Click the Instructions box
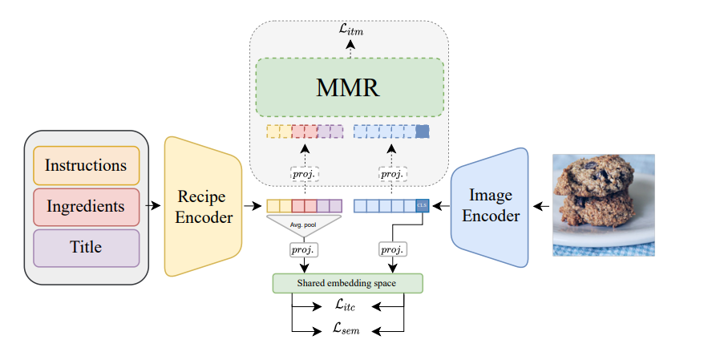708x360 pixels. pyautogui.click(x=86, y=166)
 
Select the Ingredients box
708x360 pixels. pyautogui.click(x=86, y=207)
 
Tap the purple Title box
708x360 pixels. pyautogui.click(x=86, y=248)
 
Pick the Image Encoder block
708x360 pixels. pyautogui.click(x=490, y=207)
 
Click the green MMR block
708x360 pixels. pyautogui.click(x=350, y=87)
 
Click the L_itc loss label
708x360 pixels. pyautogui.click(x=348, y=305)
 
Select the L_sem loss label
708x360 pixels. pyautogui.click(x=348, y=329)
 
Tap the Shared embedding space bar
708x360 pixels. pyautogui.click(x=346, y=283)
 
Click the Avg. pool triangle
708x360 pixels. pyautogui.click(x=305, y=224)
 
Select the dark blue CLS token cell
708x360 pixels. pyautogui.click(x=423, y=206)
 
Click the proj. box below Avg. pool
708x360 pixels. pyautogui.click(x=305, y=250)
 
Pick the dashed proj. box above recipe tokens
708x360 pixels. pyautogui.click(x=305, y=174)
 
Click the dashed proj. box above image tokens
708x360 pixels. pyautogui.click(x=391, y=174)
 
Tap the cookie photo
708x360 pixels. pyautogui.click(x=603, y=205)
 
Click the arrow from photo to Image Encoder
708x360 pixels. pyautogui.click(x=542, y=207)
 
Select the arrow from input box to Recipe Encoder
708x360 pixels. pyautogui.click(x=155, y=207)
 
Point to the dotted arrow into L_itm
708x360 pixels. pyautogui.click(x=349, y=50)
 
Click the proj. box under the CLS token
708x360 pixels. pyautogui.click(x=391, y=250)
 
